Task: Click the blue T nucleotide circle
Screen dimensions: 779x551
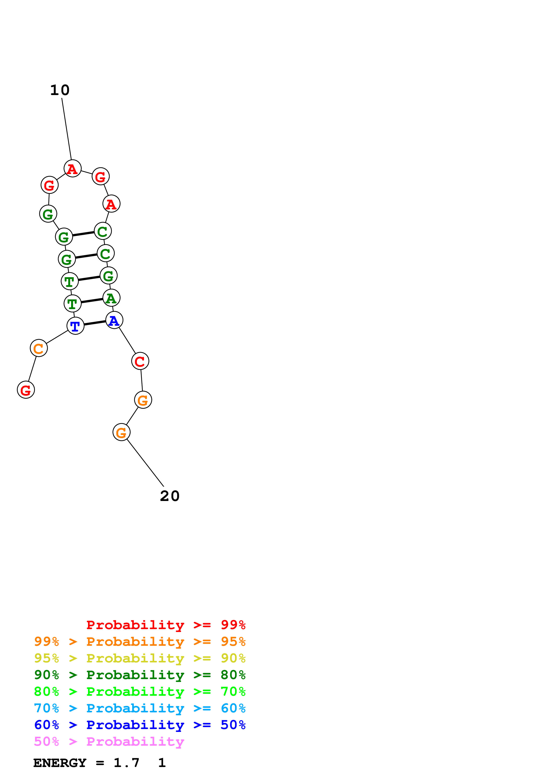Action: click(75, 326)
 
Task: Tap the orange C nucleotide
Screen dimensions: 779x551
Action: click(39, 348)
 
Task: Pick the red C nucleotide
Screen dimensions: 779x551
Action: click(140, 361)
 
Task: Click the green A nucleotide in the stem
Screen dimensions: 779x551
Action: click(111, 298)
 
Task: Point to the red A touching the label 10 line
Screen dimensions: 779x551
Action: click(73, 168)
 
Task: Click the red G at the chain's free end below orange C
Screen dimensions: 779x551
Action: click(26, 390)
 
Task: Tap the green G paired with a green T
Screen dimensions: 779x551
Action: click(109, 276)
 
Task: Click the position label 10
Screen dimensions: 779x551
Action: click(60, 90)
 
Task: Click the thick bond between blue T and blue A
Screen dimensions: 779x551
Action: click(95, 323)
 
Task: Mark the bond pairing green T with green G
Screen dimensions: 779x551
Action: click(89, 278)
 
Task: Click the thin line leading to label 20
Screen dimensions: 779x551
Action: click(145, 463)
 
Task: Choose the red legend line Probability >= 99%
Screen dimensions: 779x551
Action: click(166, 625)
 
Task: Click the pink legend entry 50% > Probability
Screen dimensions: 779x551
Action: click(109, 742)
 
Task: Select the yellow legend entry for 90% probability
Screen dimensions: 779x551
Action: click(140, 658)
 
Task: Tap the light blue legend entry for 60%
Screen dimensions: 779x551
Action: click(140, 708)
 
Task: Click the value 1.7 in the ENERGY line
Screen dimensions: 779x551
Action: click(126, 763)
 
